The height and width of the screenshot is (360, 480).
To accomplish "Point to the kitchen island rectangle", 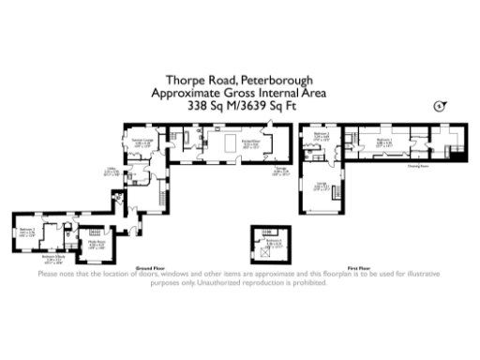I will (228, 145).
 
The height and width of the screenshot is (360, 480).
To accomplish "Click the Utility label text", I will (110, 172).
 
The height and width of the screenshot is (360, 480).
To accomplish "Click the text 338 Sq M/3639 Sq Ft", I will (239, 107).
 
